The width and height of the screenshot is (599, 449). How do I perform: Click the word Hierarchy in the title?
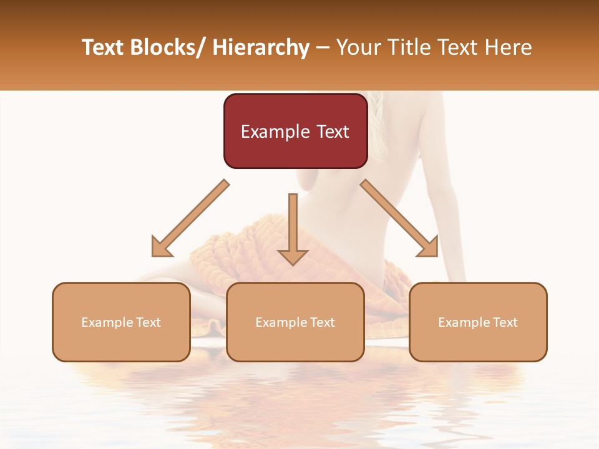(260, 47)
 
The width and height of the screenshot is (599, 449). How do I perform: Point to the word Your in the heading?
(358, 47)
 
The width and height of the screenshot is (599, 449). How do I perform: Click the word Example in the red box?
(275, 132)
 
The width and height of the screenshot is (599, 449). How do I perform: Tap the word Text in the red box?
(332, 132)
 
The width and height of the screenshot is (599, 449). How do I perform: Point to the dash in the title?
(323, 47)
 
